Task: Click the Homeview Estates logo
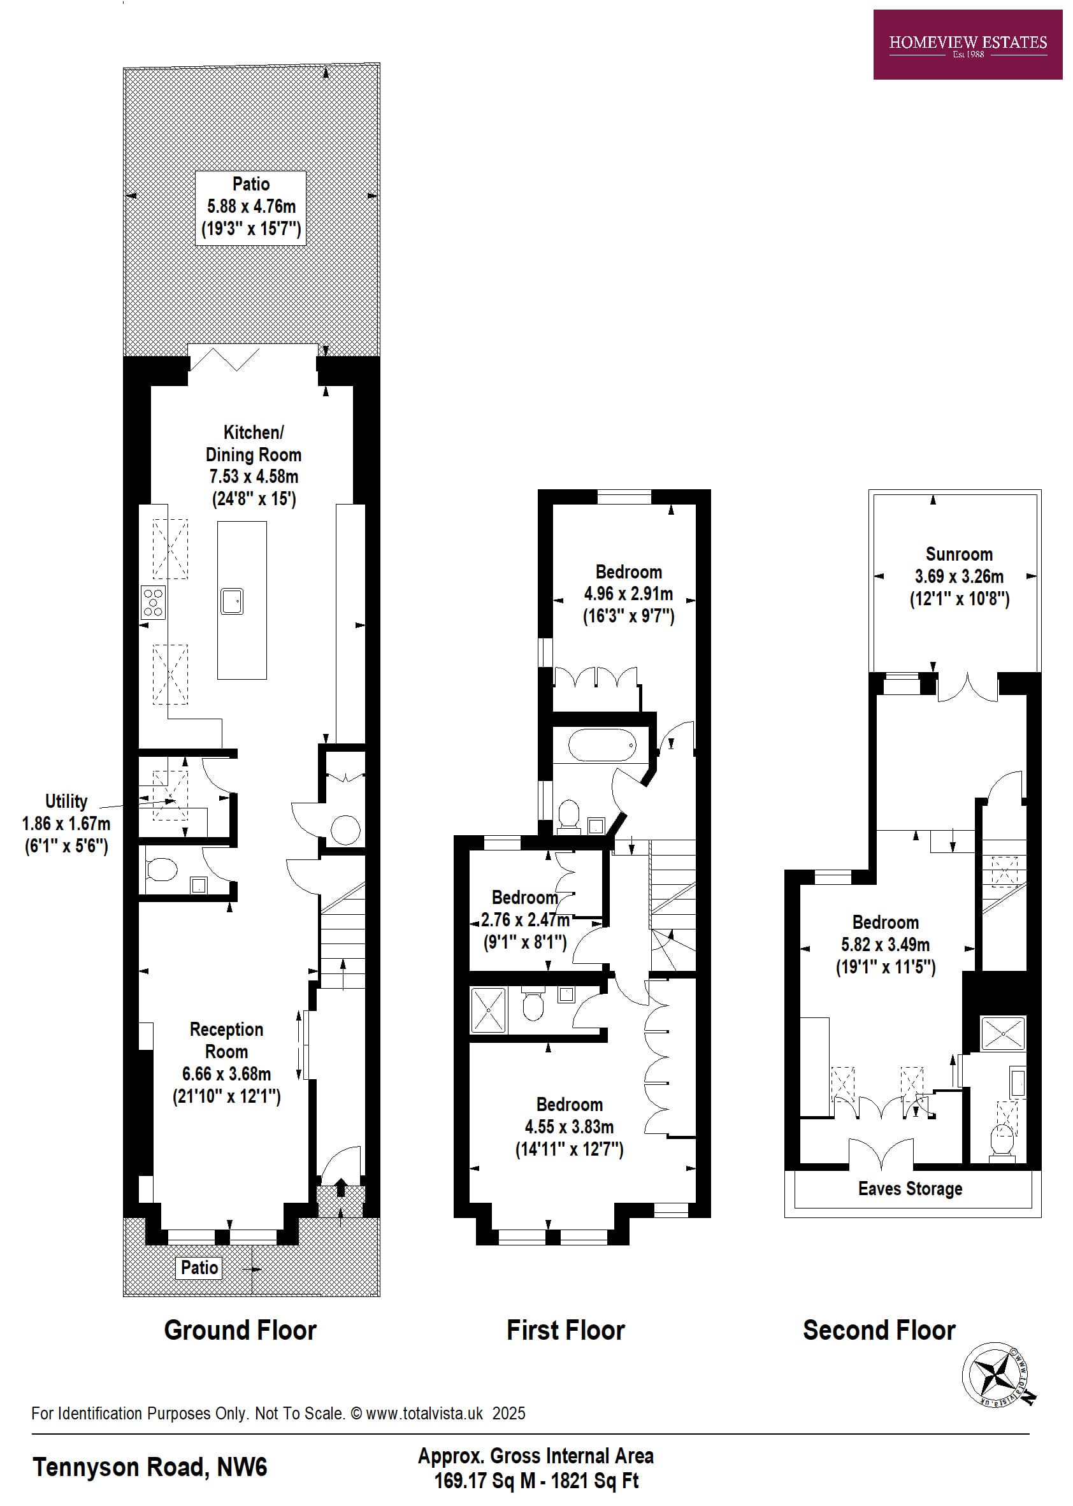(967, 45)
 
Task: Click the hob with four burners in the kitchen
(153, 603)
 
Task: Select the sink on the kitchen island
(232, 601)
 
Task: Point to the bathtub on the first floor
(602, 745)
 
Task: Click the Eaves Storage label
(910, 1189)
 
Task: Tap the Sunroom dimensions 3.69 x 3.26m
(959, 577)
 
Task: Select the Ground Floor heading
(240, 1330)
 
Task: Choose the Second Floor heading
(879, 1330)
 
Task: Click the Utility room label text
(66, 801)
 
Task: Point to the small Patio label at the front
(199, 1268)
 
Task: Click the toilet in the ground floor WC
(161, 870)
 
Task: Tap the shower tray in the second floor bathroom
(1003, 1034)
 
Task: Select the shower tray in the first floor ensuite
(488, 1010)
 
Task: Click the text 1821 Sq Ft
(594, 1481)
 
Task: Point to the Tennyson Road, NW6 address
(150, 1468)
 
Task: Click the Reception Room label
(227, 1040)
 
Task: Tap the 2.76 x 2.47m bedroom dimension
(524, 919)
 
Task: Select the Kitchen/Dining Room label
(253, 443)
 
